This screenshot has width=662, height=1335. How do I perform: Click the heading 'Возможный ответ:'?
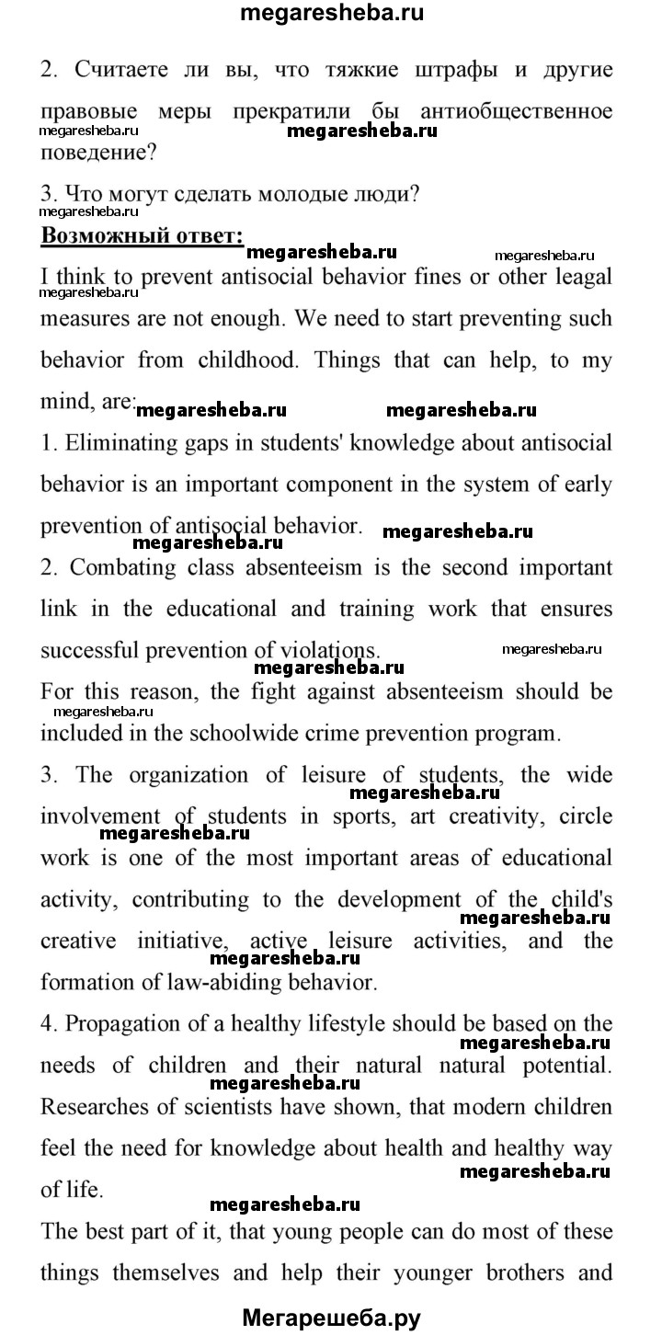tap(142, 234)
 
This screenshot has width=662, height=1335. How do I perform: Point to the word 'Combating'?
tap(123, 566)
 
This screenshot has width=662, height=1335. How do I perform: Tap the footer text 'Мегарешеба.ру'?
tap(331, 1318)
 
